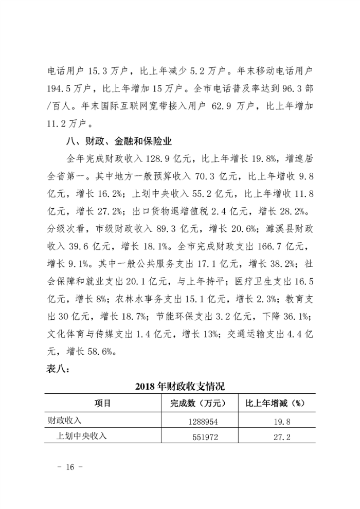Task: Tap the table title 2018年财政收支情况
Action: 180,386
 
